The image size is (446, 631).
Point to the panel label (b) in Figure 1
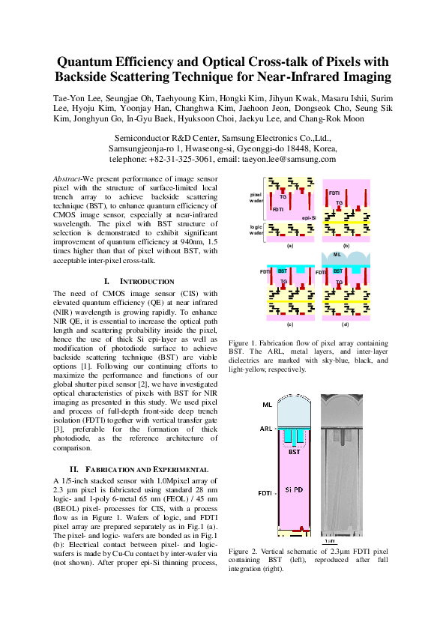click(x=346, y=245)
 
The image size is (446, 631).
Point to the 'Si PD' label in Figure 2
click(x=295, y=489)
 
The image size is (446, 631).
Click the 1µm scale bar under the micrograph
click(x=328, y=540)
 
